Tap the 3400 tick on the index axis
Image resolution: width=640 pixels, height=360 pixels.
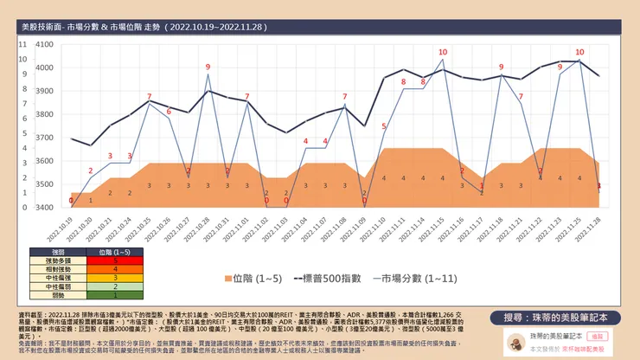pos(44,208)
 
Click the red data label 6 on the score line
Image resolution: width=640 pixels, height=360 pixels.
pos(169,111)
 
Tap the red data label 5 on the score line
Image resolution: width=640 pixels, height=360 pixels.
pos(384,127)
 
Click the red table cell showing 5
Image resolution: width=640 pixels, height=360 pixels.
pos(115,260)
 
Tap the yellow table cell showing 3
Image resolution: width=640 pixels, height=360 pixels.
pos(115,278)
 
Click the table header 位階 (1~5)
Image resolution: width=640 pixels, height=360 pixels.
pos(115,251)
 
